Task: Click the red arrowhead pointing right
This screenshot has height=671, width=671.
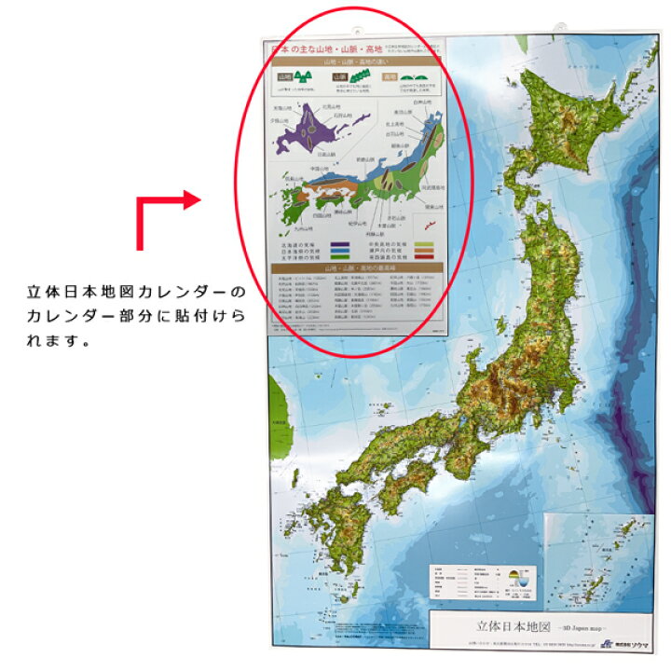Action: point(193,199)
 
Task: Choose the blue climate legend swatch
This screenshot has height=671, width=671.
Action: point(341,253)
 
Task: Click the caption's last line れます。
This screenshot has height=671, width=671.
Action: point(57,341)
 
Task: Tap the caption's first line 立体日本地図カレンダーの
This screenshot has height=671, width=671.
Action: point(137,293)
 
